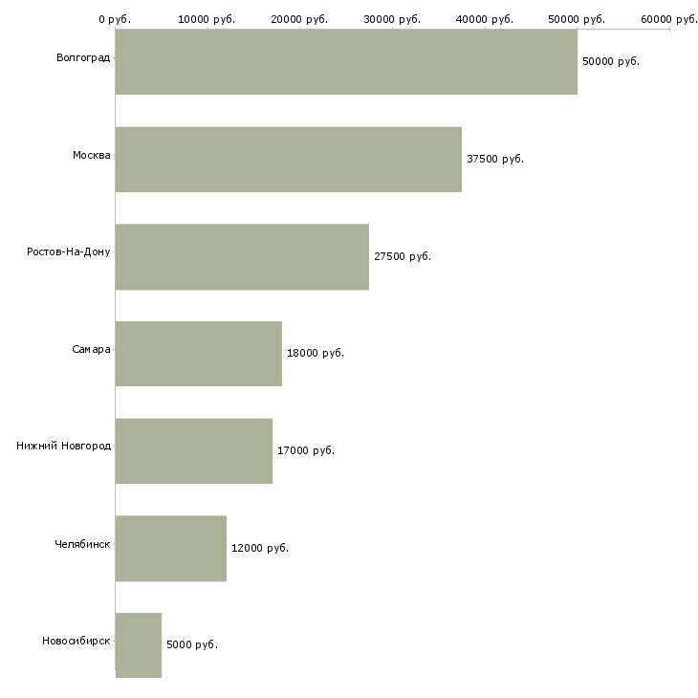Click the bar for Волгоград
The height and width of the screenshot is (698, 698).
tap(346, 62)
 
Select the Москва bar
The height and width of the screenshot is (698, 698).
tap(289, 160)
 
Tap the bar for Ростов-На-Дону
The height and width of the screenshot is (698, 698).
tap(242, 257)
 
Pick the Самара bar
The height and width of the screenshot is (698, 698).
tap(199, 354)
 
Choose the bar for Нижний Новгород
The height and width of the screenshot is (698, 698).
tap(194, 451)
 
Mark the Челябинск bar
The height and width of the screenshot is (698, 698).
tap(171, 549)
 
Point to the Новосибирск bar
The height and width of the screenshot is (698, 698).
tap(139, 645)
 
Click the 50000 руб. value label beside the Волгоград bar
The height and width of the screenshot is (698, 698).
tap(611, 61)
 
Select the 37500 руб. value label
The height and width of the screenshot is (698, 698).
tap(495, 159)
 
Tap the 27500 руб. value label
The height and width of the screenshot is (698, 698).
tap(403, 256)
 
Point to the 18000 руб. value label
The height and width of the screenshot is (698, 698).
tap(316, 353)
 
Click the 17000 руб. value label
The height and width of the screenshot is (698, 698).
tap(306, 450)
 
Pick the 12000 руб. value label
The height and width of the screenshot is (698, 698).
tap(260, 548)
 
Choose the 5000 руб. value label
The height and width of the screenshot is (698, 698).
tap(192, 644)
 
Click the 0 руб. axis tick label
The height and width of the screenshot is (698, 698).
tap(115, 19)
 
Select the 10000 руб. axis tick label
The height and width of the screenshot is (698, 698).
tap(207, 19)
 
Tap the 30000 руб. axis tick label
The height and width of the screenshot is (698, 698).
tap(392, 19)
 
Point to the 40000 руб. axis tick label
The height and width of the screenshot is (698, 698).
tap(485, 19)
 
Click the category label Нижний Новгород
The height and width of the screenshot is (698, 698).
tap(64, 446)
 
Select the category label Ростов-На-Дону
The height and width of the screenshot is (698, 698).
tap(69, 252)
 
